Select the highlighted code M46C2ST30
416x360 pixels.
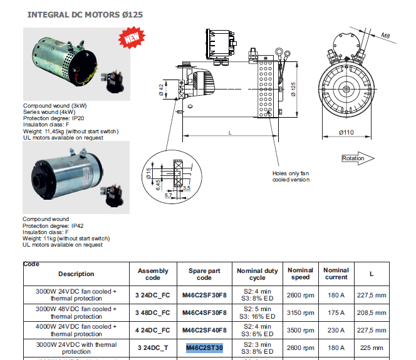coord(204,347)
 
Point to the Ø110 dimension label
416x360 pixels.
coord(346,132)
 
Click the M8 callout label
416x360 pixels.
coord(387,37)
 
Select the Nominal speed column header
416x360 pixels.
coord(301,274)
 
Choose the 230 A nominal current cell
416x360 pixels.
coord(336,330)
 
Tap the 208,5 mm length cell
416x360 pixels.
coord(372,312)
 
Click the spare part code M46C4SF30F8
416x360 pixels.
coord(204,312)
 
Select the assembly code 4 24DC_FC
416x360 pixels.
coord(153,330)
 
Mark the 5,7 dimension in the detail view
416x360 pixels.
coord(168,196)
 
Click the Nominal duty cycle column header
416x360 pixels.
coord(257,274)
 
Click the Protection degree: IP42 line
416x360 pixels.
coord(53,225)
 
